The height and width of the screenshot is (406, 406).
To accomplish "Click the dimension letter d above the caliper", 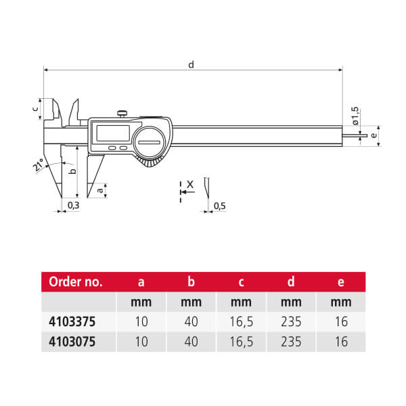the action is (191, 64).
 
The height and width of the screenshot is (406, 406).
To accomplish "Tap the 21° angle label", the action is (39, 164).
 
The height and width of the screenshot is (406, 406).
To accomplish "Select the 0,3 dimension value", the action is (73, 205).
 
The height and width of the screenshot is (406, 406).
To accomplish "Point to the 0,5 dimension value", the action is (219, 206).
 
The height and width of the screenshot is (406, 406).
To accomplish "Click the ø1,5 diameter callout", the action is (355, 116).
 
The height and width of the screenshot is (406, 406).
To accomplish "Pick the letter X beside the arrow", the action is (190, 185).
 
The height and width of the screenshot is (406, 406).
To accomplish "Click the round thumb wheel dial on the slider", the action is (150, 142).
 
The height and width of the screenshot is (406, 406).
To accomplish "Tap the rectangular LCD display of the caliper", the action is (113, 133).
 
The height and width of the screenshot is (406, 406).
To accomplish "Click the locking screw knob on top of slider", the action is (122, 114).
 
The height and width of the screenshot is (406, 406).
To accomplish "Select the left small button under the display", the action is (112, 148).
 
